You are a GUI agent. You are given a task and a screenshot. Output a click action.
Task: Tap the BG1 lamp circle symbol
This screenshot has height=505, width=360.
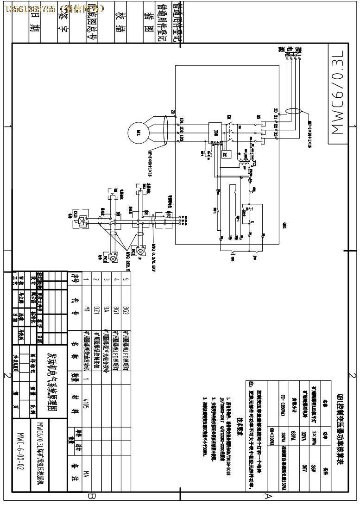(113, 259)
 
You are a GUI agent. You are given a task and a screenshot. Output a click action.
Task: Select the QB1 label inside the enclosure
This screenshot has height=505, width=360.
(284, 226)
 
